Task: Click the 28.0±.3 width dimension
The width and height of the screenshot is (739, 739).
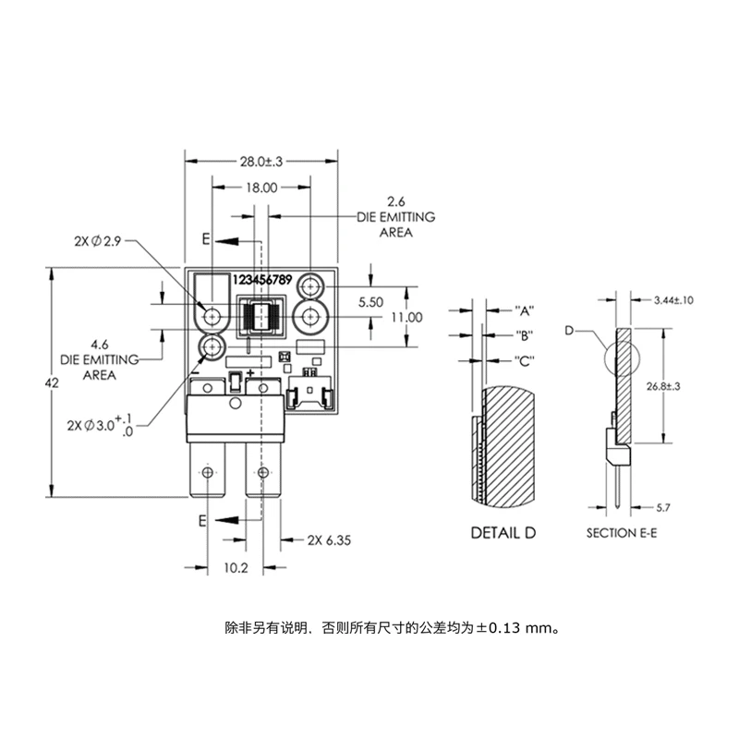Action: (260, 161)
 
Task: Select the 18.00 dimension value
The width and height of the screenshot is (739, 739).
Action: (260, 188)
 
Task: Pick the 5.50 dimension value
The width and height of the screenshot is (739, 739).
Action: (370, 302)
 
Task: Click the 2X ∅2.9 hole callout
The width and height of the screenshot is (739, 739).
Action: (98, 242)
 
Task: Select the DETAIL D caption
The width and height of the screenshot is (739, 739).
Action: (503, 533)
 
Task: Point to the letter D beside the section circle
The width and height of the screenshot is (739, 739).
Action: (569, 329)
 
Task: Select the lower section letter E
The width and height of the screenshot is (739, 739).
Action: (202, 521)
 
